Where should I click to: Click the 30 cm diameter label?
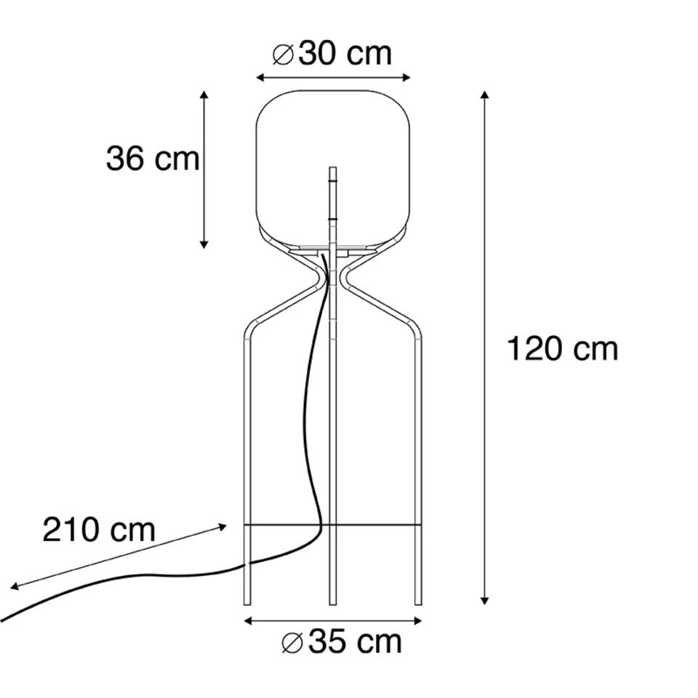(332, 55)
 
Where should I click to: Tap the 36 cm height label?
(153, 159)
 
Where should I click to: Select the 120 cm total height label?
(563, 348)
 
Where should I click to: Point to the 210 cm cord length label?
(99, 530)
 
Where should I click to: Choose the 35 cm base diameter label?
(342, 642)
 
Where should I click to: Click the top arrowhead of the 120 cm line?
(485, 95)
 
